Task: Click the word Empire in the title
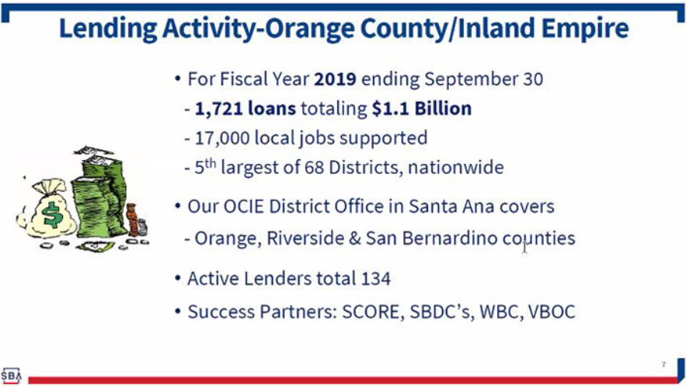[x=585, y=29]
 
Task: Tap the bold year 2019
[x=335, y=79]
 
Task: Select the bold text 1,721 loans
[x=245, y=109]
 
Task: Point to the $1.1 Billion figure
[x=422, y=109]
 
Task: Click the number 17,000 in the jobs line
[x=222, y=138]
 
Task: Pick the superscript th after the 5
[x=211, y=163]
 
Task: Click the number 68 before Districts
[x=314, y=168]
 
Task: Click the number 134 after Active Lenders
[x=376, y=279]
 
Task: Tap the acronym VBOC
[x=552, y=312]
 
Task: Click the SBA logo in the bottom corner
[x=11, y=375]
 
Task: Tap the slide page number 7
[x=663, y=364]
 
